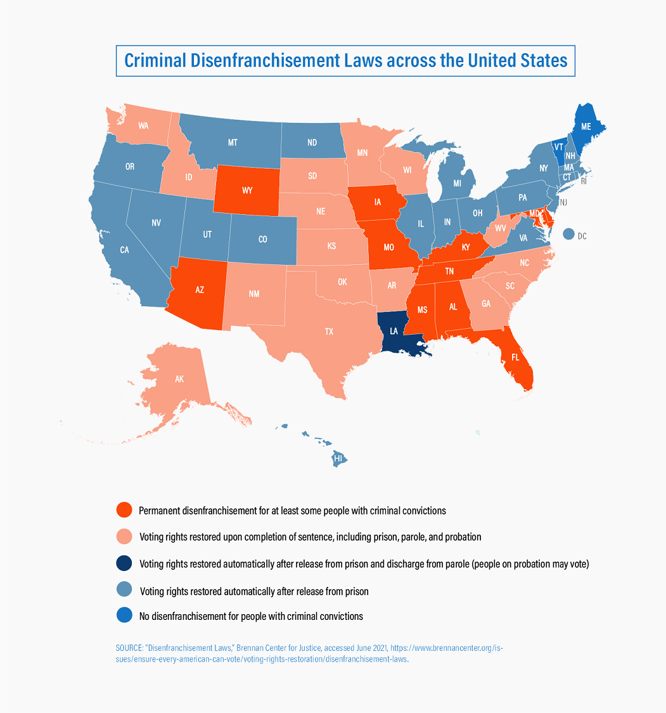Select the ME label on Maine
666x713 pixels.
click(x=586, y=127)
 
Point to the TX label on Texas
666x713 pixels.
click(x=329, y=331)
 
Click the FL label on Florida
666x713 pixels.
click(x=515, y=357)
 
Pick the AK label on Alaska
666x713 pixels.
click(x=179, y=379)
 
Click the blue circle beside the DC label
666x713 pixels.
click(x=568, y=234)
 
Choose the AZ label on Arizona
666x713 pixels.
click(x=200, y=290)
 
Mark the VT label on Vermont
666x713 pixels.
click(x=558, y=146)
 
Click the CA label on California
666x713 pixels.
click(x=125, y=250)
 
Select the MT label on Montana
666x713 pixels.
click(x=233, y=143)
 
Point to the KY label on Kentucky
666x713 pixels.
click(x=466, y=247)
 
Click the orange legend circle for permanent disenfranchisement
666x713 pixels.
click(x=124, y=510)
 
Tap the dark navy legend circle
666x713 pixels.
click(x=124, y=563)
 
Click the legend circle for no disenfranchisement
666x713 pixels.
click(x=124, y=615)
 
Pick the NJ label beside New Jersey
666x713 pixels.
click(x=563, y=202)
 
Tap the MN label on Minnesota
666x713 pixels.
click(x=362, y=153)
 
